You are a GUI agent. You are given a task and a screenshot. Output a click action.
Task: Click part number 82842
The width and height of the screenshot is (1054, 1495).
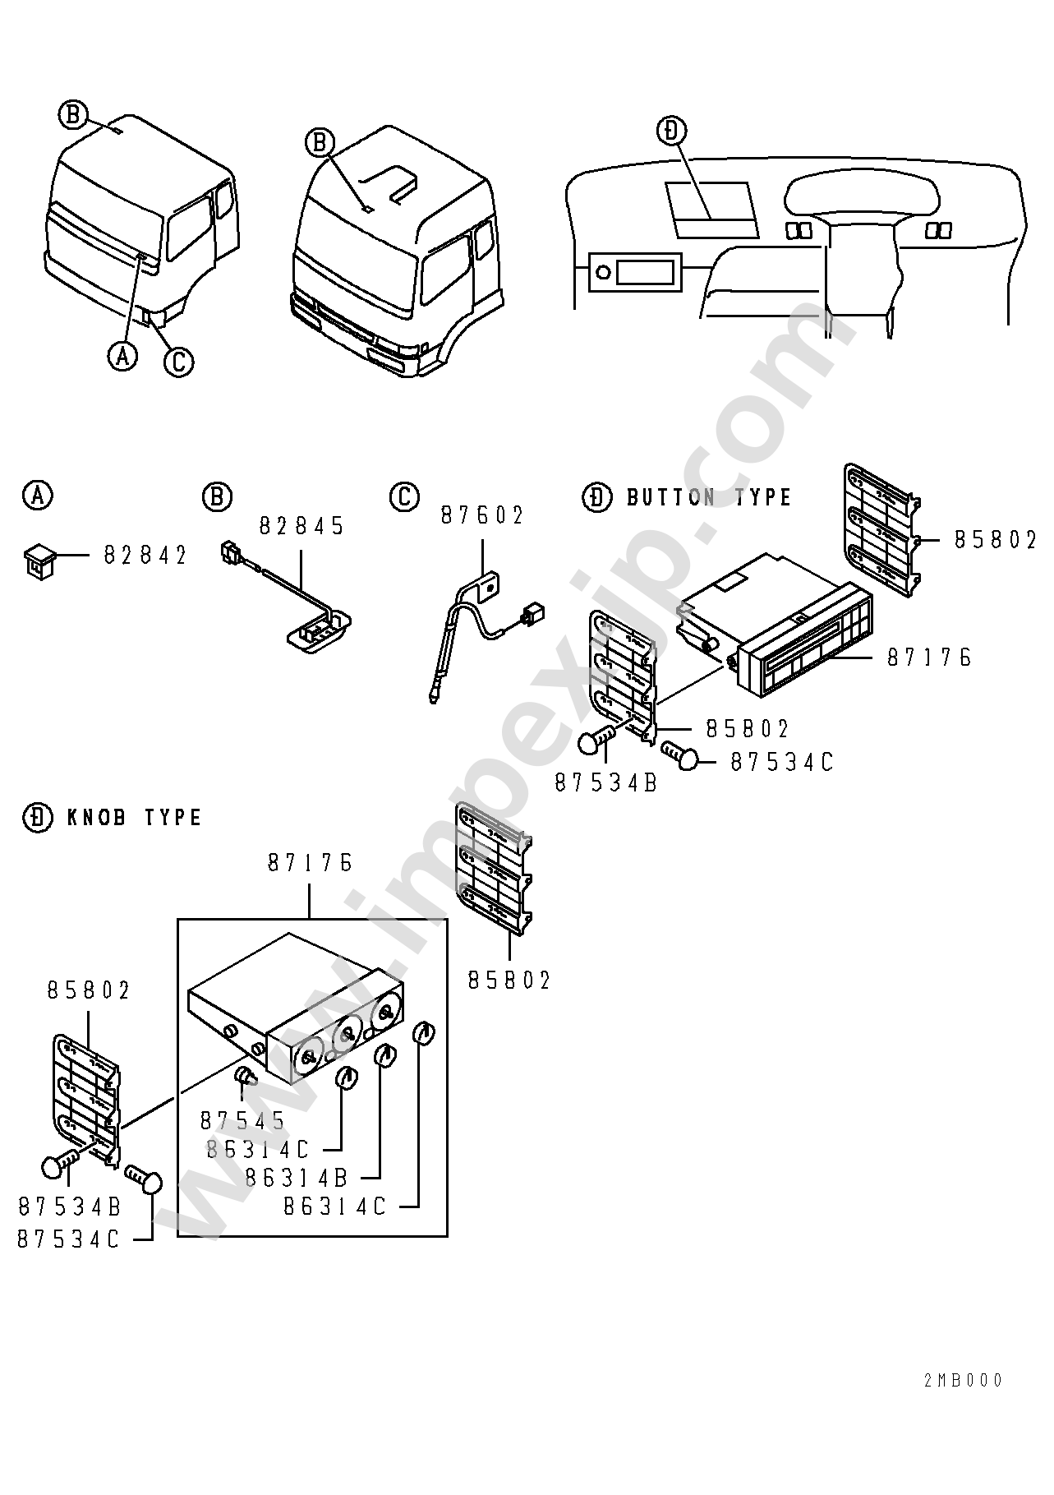point(145,556)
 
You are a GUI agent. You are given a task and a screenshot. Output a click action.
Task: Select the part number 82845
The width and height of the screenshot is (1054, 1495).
point(302,526)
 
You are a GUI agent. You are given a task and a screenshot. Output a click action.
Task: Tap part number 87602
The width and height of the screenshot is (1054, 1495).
point(482,515)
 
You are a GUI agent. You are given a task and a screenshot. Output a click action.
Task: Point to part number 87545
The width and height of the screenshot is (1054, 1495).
point(242,1119)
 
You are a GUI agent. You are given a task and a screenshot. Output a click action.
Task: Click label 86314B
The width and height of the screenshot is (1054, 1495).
point(297,1177)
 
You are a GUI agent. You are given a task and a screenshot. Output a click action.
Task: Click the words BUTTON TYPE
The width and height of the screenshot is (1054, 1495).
point(709,497)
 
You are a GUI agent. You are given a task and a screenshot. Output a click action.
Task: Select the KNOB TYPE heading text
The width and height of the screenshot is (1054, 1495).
point(134,817)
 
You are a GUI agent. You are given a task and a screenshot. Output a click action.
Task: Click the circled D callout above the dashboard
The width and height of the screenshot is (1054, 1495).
point(672,131)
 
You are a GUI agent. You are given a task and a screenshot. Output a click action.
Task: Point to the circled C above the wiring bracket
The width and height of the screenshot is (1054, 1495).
point(404,496)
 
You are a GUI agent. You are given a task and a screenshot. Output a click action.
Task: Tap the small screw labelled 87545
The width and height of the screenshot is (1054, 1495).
point(246,1075)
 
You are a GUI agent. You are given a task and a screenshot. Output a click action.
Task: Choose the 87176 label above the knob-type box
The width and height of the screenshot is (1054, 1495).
point(310,862)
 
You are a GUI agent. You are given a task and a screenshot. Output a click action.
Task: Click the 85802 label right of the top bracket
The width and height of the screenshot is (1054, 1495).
point(996,539)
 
